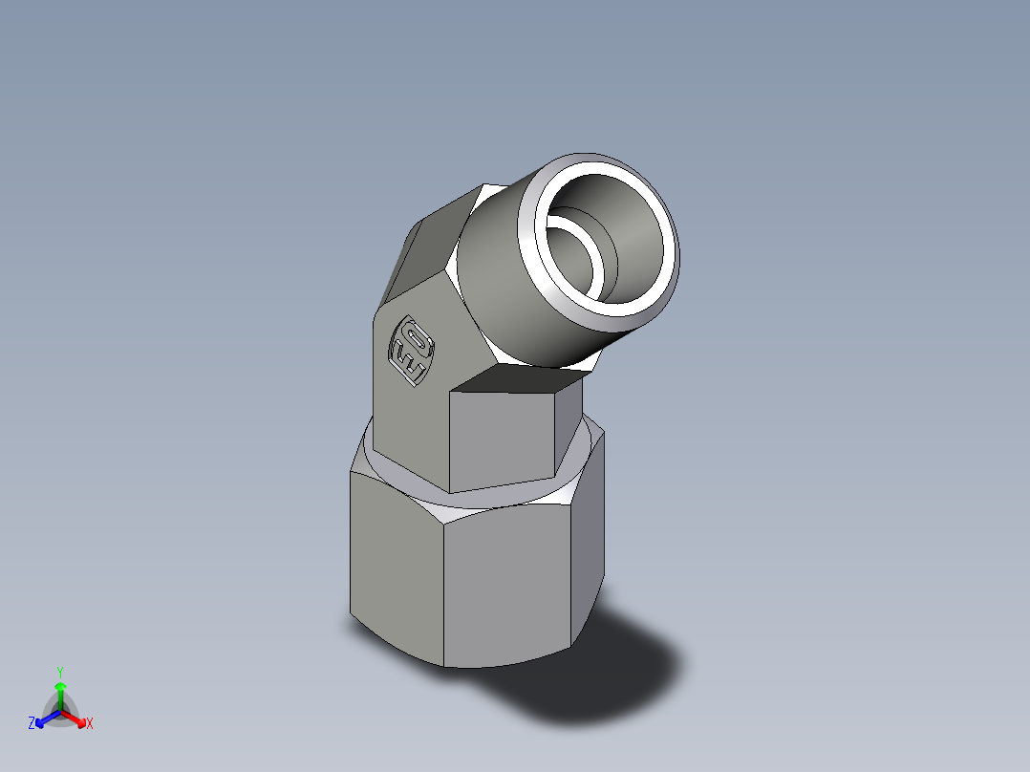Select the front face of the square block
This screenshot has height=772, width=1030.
point(503,436)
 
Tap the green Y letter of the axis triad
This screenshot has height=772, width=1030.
point(60,672)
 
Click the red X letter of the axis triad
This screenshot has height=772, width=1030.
point(90,724)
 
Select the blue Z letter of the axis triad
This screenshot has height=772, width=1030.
point(32,724)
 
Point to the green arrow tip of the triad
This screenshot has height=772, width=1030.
point(60,686)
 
